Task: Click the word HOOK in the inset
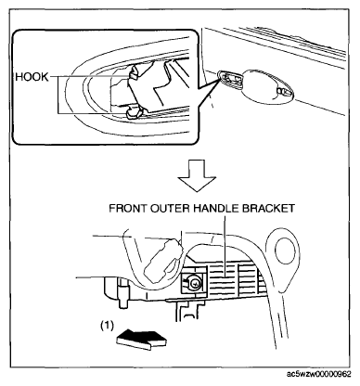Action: (x=32, y=77)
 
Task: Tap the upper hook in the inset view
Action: (x=133, y=74)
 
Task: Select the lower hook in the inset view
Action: (x=135, y=112)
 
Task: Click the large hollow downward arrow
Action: (x=197, y=175)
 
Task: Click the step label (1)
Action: (x=108, y=326)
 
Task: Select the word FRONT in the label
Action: (x=127, y=209)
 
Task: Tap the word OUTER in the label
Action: (x=170, y=209)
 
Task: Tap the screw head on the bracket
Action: (x=195, y=282)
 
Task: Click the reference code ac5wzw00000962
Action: (x=319, y=374)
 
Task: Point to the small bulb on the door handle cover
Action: (x=283, y=92)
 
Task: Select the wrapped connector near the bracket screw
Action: (x=164, y=259)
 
